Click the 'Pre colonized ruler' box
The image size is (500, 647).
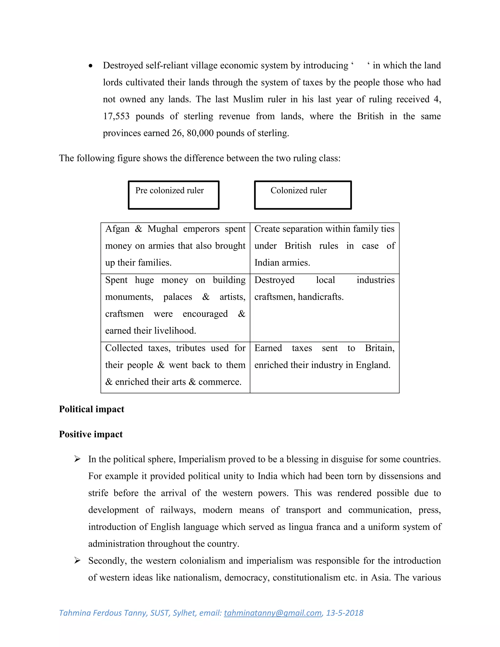coord(174,195)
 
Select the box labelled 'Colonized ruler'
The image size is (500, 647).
coord(303,195)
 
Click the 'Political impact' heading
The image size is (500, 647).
coord(92,409)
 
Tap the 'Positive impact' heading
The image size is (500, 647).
coord(91,434)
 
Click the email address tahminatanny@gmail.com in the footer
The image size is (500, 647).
coord(273,613)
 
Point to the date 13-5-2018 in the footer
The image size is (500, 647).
coord(344,613)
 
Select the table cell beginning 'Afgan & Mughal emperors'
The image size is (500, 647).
coord(175,246)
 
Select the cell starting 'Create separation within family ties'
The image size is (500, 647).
coord(324,246)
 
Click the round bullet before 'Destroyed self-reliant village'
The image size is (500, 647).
coord(91,66)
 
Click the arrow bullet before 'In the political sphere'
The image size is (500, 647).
coord(77,459)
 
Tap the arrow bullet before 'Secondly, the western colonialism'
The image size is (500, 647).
coord(77,561)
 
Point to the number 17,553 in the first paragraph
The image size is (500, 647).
coord(116,116)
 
